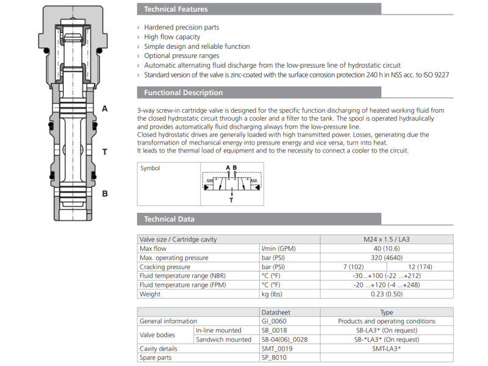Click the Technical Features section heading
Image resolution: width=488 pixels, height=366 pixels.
point(176,9)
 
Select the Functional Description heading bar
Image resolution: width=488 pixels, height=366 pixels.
point(183,93)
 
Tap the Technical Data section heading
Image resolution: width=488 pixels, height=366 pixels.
point(169,219)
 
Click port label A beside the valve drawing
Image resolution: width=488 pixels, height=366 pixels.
point(104,109)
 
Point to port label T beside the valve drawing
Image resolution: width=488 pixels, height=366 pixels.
point(104,152)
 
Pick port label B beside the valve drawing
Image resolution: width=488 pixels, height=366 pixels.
point(104,194)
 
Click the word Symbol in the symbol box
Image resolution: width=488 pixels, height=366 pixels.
point(150,168)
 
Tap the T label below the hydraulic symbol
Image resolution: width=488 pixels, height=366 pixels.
point(231,199)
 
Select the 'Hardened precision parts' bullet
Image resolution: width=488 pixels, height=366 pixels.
point(181,27)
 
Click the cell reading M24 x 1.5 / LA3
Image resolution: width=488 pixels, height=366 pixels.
point(387,239)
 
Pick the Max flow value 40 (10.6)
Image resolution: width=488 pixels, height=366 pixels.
point(387,248)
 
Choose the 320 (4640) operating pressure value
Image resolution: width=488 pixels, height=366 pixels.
point(387,257)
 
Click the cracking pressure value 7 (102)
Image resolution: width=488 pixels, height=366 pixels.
point(354,267)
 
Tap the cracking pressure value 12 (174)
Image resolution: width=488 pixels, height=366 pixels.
point(420,267)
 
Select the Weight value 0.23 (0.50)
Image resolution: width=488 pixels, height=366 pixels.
point(387,294)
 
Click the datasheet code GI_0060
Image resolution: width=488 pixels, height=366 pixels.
point(274,321)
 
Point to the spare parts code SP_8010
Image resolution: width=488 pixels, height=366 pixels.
point(274,357)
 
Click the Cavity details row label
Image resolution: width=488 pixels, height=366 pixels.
point(159,348)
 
